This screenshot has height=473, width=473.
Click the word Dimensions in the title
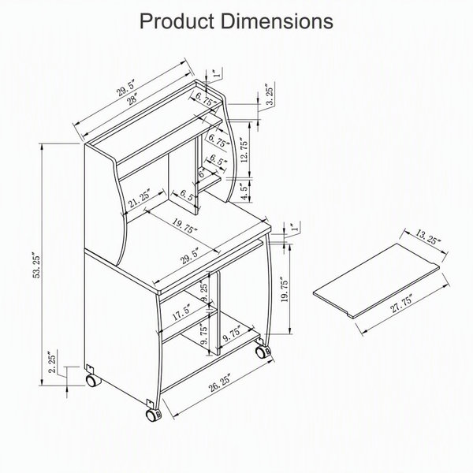277,21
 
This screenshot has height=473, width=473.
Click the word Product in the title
177,21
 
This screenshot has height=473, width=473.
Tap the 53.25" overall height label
37,265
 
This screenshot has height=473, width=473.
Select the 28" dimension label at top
132,99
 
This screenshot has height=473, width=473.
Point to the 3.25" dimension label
270,94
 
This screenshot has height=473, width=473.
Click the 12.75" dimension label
244,150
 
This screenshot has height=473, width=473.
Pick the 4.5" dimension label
245,192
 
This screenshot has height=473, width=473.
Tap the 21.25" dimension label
139,198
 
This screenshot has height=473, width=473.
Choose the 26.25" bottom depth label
219,382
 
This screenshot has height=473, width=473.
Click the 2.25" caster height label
52,362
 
